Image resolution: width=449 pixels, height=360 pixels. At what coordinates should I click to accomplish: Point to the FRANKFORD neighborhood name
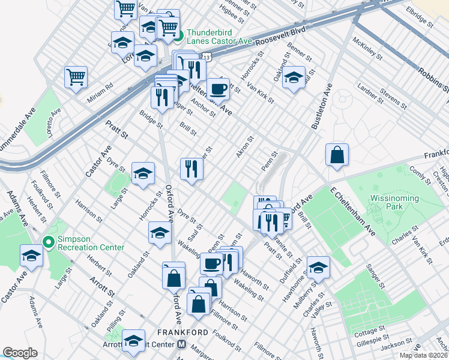click(x=182, y=332)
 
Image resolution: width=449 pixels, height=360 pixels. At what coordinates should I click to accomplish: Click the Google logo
click(x=20, y=353)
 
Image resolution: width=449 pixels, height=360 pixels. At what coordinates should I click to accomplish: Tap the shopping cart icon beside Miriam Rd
click(x=76, y=77)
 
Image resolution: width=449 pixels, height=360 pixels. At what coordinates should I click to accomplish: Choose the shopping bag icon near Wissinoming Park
click(x=337, y=154)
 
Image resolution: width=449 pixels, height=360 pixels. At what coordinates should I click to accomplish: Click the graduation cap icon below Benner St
click(x=294, y=78)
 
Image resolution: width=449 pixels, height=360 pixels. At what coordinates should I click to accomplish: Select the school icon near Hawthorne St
click(x=318, y=267)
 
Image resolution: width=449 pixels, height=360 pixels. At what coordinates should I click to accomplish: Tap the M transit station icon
click(x=181, y=345)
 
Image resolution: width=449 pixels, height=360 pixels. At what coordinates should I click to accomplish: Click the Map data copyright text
click(x=423, y=355)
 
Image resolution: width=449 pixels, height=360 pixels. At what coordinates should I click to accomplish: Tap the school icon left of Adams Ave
click(x=31, y=256)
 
